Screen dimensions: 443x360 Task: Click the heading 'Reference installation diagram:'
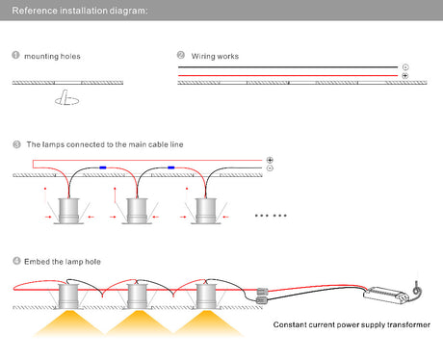pos(80,11)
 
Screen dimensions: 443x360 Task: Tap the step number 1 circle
pos(15,55)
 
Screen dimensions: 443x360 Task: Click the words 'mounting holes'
pos(52,57)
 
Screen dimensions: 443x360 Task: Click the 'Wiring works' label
pos(215,56)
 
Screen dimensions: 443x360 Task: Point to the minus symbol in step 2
pos(405,67)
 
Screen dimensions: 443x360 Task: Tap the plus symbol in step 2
pos(405,76)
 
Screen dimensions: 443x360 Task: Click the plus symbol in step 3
pos(270,160)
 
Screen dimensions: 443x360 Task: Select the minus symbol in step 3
pos(270,168)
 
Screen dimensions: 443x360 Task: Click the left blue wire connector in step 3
pos(103,167)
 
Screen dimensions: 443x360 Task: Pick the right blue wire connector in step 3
pos(171,167)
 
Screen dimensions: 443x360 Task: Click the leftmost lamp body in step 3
pos(68,211)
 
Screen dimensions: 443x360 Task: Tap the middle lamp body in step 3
pos(137,211)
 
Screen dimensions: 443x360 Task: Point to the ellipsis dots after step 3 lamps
pos(271,216)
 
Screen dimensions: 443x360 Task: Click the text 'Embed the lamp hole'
pos(63,262)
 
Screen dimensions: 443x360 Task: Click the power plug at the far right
pos(417,289)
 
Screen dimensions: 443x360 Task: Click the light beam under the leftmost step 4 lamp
pos(68,323)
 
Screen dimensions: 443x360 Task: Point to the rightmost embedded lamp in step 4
pos(205,296)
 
